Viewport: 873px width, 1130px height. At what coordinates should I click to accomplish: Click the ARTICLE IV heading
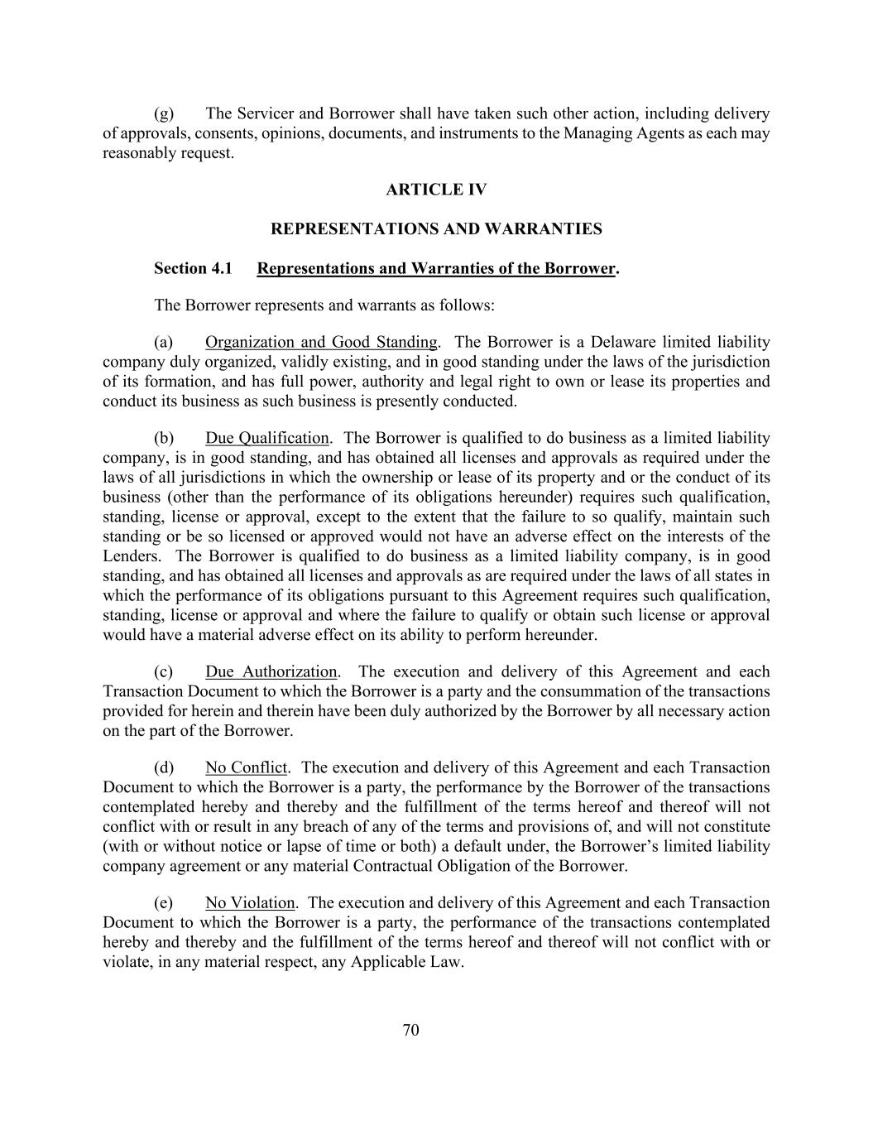pos(436,190)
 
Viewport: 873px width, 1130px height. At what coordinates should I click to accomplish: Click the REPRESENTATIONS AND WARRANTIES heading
pos(436,228)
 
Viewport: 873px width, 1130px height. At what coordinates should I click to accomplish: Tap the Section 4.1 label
pos(193,268)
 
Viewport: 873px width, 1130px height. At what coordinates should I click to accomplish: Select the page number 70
pos(411,1030)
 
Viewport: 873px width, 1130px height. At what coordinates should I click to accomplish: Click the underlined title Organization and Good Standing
pos(321,342)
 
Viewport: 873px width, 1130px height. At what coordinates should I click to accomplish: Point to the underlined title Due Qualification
pos(266,438)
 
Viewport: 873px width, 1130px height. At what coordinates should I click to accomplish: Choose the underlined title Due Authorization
pos(271,671)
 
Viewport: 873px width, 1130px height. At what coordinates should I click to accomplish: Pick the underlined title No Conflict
pos(247,767)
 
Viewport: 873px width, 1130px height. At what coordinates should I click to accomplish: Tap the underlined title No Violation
pos(250,902)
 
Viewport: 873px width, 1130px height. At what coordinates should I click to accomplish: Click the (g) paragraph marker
pos(164,113)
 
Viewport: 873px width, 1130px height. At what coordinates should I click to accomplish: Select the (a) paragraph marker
pos(164,342)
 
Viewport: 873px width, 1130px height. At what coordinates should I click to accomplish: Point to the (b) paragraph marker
pos(164,438)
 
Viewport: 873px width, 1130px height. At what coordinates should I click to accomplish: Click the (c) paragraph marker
pos(164,671)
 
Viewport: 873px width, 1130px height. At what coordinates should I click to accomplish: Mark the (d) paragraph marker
pos(164,767)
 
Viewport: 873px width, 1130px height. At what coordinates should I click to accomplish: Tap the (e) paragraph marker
pos(164,902)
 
